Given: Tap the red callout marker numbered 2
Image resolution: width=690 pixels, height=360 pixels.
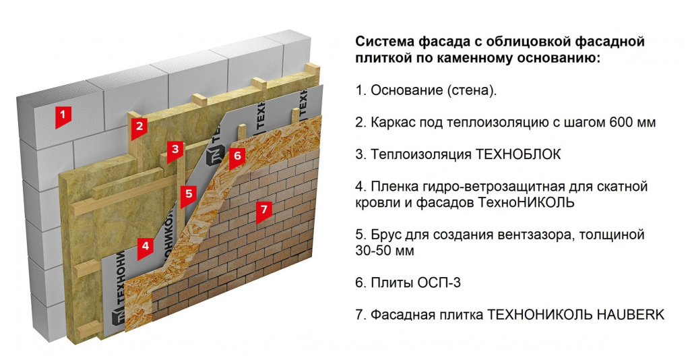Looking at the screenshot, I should (139, 125).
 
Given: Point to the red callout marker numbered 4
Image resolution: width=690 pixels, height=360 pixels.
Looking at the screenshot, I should (144, 246).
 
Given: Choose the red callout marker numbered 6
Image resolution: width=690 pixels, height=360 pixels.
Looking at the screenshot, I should (235, 156).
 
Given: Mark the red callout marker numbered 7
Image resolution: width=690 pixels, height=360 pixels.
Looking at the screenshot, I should (263, 209).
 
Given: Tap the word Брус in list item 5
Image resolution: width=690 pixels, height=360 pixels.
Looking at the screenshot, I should (385, 235).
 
